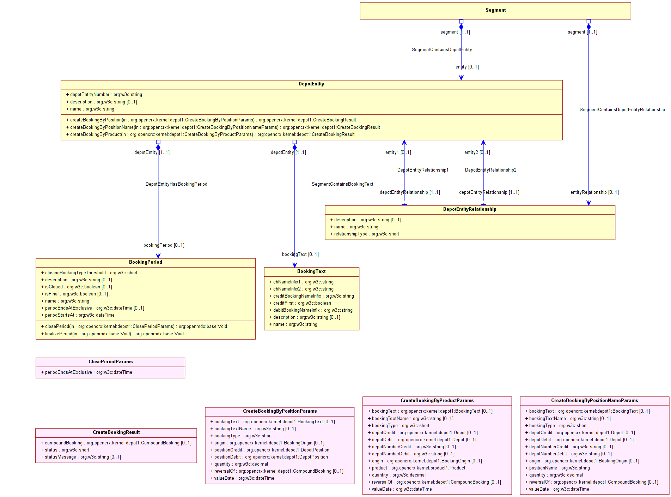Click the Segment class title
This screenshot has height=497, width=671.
coord(495,10)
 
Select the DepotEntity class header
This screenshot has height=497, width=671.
coord(311,84)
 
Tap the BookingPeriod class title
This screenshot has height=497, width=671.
coord(145,262)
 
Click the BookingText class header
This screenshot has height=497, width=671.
coord(311,271)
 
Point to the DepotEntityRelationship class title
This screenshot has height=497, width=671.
coord(469,209)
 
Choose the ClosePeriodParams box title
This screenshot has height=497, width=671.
coord(110,362)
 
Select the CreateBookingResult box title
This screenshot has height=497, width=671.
coord(116,432)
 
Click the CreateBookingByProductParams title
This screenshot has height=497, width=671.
coord(437,401)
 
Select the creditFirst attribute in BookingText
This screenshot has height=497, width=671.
coord(302,303)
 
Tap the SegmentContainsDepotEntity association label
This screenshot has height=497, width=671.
coord(441,50)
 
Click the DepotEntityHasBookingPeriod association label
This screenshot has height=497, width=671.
coord(176,184)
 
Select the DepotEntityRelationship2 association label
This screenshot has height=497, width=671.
coord(490,170)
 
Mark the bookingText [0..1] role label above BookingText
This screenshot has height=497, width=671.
coord(300,255)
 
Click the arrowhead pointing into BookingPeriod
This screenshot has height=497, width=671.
coord(158,256)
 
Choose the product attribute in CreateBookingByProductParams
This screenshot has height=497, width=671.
coord(419,468)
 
